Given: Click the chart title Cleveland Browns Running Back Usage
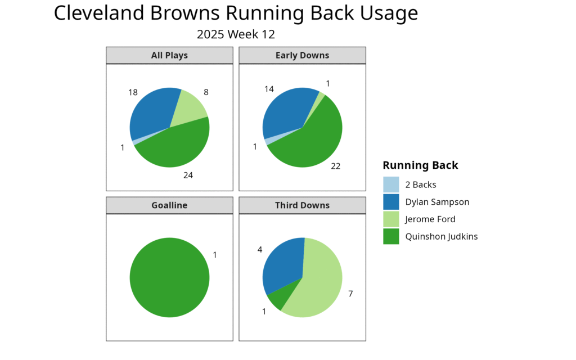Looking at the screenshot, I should point(236,13).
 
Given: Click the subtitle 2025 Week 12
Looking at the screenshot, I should point(236,34).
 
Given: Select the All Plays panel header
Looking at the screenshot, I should point(169,55).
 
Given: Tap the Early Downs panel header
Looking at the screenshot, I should point(302,55).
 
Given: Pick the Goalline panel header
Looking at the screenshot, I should point(169,205).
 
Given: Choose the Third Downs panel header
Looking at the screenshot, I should point(302,205).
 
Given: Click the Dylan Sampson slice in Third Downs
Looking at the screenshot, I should point(284,264).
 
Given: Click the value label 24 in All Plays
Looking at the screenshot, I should point(188,175).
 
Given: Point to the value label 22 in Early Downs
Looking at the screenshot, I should point(336,166).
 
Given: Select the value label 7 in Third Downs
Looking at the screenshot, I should point(350,294).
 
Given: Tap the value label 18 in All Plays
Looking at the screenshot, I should point(133,92).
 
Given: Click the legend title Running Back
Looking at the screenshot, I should point(420,165).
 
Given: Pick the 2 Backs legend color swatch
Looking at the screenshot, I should point(391,184).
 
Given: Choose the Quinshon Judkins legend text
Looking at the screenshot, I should point(441,236).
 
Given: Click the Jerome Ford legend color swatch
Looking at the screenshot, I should point(391,219).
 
